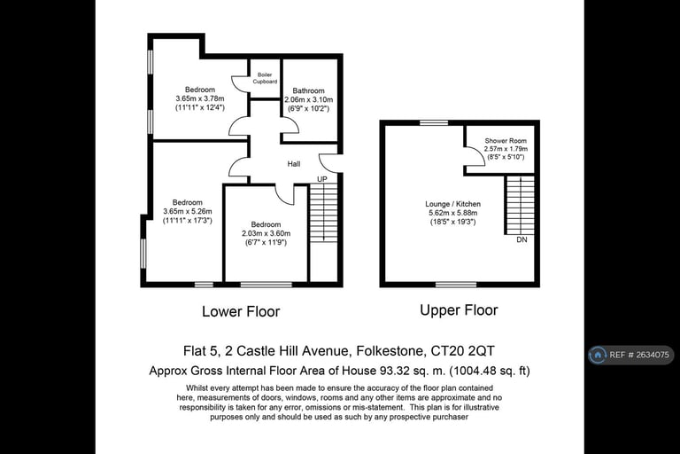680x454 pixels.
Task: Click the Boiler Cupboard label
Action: click(x=265, y=78)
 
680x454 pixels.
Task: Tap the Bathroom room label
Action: click(x=308, y=90)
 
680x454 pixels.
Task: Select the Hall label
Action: click(x=294, y=164)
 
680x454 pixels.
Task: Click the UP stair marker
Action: click(x=321, y=179)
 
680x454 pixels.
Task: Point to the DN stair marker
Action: click(x=522, y=239)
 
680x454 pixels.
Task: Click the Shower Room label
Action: click(x=506, y=141)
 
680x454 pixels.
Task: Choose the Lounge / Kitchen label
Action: click(x=452, y=204)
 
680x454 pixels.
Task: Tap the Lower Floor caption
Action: click(x=241, y=311)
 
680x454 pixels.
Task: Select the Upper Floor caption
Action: click(x=459, y=310)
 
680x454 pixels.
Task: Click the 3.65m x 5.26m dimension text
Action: click(x=188, y=212)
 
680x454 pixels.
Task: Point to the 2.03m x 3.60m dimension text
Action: click(x=266, y=233)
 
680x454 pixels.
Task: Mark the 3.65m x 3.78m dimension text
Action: click(x=200, y=98)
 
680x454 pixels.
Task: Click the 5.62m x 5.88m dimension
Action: click(x=452, y=213)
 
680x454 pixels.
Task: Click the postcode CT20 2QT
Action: click(x=462, y=350)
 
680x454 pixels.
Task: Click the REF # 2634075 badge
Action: click(x=631, y=355)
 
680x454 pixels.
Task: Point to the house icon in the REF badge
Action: click(x=598, y=355)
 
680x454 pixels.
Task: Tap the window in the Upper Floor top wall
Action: click(x=434, y=123)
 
